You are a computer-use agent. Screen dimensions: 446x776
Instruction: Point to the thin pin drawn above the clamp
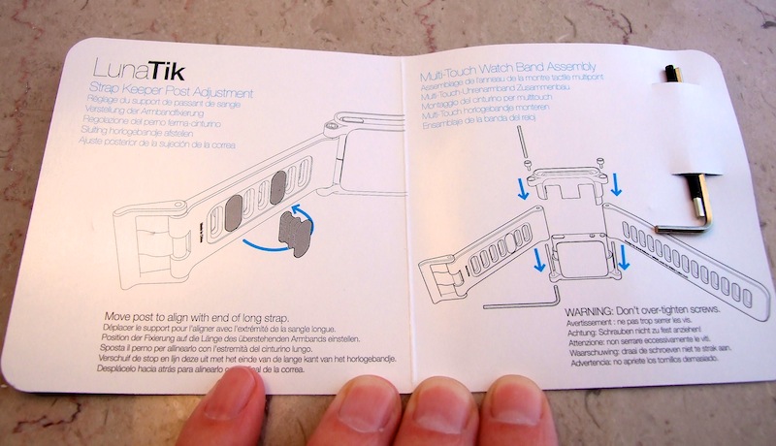(x=522, y=144)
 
